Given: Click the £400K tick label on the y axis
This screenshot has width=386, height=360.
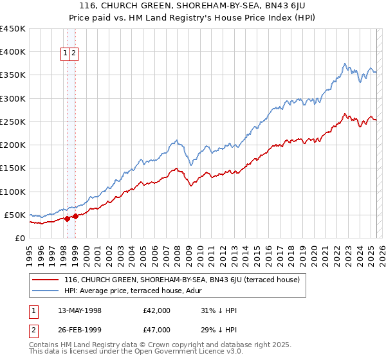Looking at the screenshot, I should coord(13,52).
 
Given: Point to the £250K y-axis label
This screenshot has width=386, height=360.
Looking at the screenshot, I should coord(13,122).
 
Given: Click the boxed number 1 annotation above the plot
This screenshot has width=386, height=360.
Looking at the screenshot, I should coord(66,54).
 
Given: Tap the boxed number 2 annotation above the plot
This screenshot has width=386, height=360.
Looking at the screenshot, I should coord(75,54).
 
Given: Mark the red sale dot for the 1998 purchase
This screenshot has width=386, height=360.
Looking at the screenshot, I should coord(67,219).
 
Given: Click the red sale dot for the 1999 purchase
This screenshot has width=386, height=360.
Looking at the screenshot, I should coord(76,216).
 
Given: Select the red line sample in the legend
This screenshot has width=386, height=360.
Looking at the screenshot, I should coord(45,280).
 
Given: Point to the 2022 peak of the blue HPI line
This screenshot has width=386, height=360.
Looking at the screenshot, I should coord(345,64).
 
